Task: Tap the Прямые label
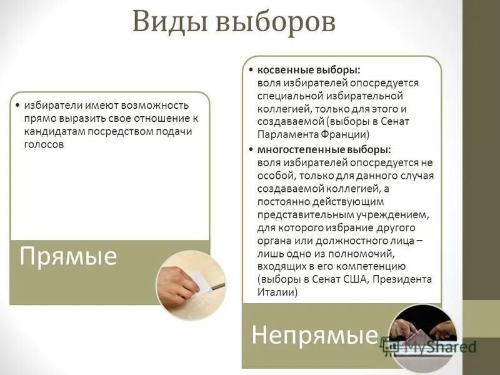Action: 69,256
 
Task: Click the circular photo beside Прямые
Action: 190,285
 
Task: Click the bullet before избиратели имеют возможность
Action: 17,105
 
